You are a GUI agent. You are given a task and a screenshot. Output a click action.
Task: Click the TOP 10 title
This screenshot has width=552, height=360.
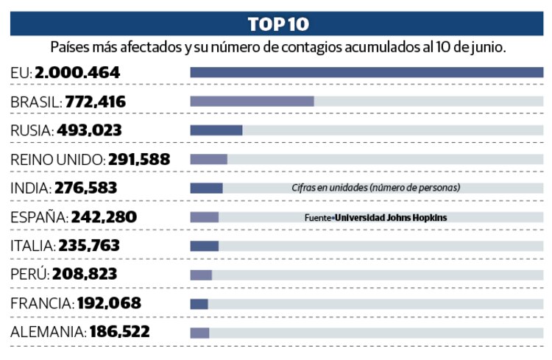[x=277, y=24]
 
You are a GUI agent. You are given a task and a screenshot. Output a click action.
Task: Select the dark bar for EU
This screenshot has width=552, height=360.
[x=366, y=72]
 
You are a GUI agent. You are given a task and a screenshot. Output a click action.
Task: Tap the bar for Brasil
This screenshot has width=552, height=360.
[x=252, y=101]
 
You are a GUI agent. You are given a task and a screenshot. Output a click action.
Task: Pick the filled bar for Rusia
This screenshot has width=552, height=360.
[x=216, y=130]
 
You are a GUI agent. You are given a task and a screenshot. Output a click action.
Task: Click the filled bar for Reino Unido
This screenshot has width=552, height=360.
[x=208, y=159]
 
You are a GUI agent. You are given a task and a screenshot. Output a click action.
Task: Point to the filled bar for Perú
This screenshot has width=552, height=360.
[x=201, y=275]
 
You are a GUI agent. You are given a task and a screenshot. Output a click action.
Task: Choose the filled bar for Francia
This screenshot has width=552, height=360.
[x=199, y=303]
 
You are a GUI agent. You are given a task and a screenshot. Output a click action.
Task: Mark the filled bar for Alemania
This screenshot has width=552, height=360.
[x=199, y=332]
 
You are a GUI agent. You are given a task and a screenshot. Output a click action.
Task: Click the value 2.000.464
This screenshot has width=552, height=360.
[x=76, y=73]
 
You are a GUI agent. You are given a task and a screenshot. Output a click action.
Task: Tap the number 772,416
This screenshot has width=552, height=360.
[x=95, y=102]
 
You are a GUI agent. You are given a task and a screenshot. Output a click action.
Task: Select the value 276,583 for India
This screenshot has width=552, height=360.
[x=85, y=188]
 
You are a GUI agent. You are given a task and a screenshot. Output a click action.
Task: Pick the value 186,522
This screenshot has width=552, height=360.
[x=119, y=332]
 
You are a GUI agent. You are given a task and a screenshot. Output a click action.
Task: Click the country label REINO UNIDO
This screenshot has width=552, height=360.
[x=57, y=159]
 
